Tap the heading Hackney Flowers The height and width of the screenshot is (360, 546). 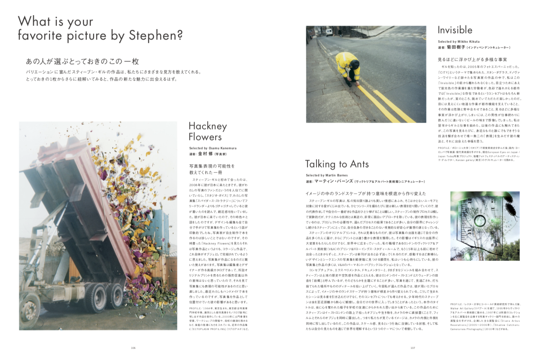pos(208,131)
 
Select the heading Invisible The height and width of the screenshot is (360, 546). pos(455,30)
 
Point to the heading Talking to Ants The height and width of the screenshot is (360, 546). pos(337,164)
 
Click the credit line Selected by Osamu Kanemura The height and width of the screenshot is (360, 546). pos(213,148)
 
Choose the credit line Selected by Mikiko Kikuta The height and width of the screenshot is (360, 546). pos(458,42)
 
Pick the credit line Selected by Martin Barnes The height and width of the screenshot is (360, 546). pos(327,175)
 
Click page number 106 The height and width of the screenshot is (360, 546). pos(133,348)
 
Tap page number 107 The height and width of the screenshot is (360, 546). pos(413,348)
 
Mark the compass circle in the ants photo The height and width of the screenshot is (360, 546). pos(480,220)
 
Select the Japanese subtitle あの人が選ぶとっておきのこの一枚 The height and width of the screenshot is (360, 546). pos(82,61)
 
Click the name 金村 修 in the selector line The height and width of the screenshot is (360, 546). pos(205,154)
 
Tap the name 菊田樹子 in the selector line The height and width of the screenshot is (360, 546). pos(456,47)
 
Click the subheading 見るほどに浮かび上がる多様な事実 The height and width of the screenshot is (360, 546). pos(472,59)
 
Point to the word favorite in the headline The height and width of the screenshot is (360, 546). pos(41,35)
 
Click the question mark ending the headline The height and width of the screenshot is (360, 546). pos(179,35)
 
